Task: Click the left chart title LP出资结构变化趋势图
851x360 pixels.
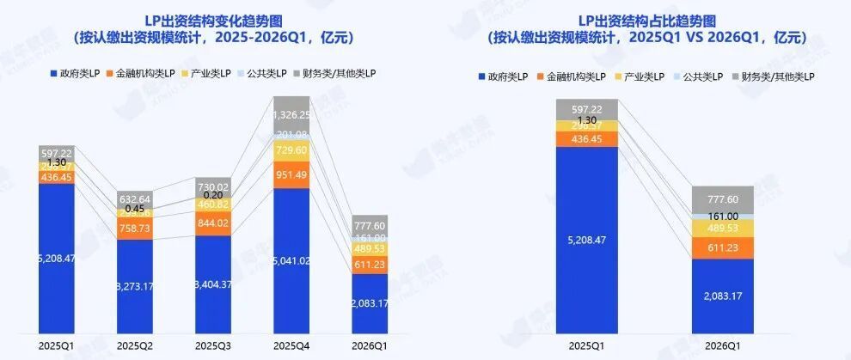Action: click(212, 21)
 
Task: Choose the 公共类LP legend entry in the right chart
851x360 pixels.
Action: click(698, 77)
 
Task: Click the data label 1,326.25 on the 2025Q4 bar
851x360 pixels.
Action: click(291, 114)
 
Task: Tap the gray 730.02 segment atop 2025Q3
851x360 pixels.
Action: click(213, 186)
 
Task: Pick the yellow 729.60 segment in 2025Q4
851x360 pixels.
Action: click(291, 150)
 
